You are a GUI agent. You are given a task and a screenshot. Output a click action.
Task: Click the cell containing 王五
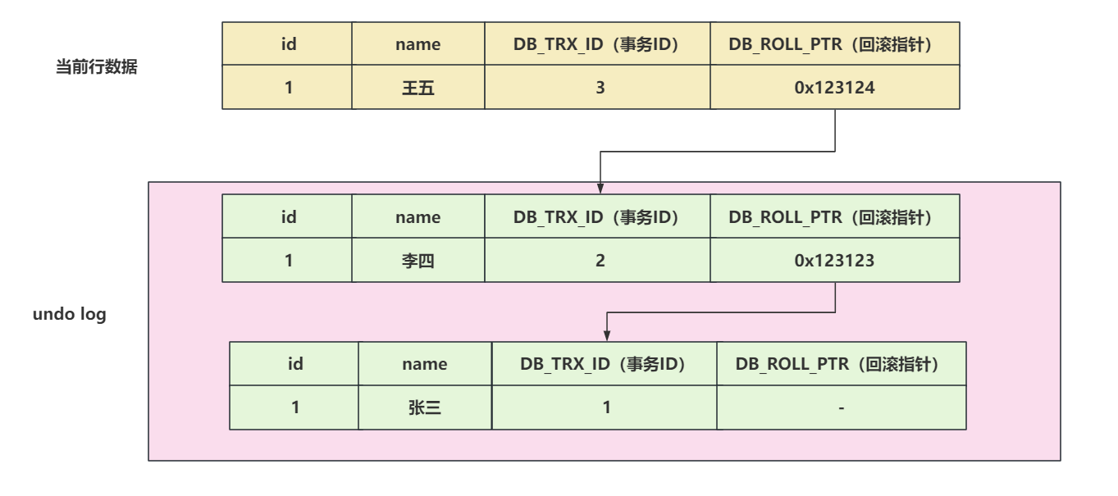pos(418,87)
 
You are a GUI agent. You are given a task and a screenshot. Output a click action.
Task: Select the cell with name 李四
pos(418,261)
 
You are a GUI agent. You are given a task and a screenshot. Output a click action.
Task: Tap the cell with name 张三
pos(424,407)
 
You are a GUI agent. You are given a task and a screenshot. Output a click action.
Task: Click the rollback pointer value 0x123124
pos(834,87)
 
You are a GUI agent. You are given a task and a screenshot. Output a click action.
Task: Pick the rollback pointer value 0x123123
pos(834,261)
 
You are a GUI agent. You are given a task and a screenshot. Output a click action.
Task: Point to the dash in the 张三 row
pos(841,407)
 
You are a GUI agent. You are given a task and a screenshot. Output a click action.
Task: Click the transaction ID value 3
pos(600,87)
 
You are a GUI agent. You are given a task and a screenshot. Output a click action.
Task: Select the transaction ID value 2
pos(600,261)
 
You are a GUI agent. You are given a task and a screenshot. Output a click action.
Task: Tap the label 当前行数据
pos(96,68)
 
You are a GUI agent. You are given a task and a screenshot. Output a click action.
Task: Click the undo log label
pos(70,314)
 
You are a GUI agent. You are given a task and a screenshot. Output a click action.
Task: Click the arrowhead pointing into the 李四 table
pos(600,188)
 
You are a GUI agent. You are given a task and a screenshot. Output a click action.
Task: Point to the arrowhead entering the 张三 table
pos(607,335)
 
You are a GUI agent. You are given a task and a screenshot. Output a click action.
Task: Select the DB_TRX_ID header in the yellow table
pos(596,44)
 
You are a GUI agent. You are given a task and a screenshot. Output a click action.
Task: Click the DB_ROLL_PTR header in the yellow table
pos(834,44)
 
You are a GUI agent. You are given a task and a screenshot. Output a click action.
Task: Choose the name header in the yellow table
pos(418,44)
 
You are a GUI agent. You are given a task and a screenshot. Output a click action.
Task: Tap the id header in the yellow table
pos(288,44)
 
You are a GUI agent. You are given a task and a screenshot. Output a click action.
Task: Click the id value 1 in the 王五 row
pos(288,87)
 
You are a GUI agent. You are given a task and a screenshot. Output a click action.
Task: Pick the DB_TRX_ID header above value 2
pos(596,217)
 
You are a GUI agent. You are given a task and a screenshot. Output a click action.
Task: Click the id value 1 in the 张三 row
pos(294,407)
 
